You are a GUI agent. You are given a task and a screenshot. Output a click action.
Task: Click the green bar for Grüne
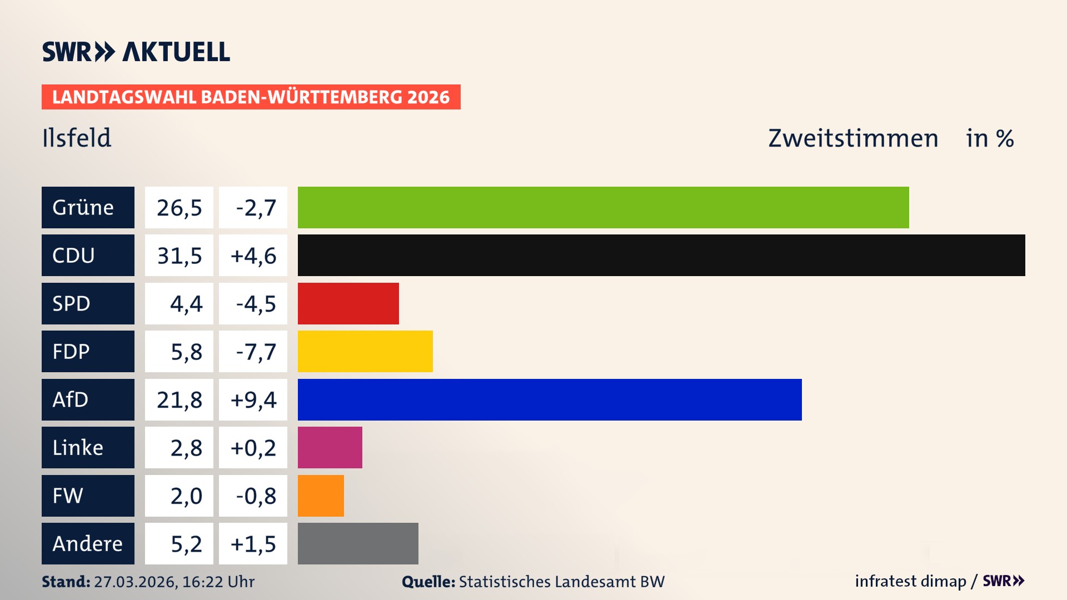[603, 207]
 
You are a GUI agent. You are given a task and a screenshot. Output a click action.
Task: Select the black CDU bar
[661, 256]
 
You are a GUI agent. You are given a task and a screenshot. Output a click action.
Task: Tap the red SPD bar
[348, 303]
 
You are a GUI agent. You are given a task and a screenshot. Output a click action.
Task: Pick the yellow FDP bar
[365, 352]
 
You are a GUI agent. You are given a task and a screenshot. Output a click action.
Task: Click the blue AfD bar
[550, 399]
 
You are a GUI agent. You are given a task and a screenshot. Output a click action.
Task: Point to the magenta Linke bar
[330, 448]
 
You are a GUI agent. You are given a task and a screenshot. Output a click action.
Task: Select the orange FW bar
[321, 496]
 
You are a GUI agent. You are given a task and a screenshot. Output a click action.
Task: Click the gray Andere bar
[358, 543]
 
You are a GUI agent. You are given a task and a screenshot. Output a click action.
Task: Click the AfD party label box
[88, 399]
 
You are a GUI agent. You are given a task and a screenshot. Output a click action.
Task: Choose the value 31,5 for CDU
[179, 256]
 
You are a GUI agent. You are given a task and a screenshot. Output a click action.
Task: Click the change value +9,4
[253, 399]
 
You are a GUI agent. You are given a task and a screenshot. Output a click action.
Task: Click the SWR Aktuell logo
[136, 52]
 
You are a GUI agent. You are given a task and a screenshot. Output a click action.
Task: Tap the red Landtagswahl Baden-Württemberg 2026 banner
[251, 97]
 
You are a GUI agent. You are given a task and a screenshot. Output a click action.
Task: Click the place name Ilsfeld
[77, 138]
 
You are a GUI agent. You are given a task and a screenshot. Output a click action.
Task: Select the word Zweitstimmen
[853, 138]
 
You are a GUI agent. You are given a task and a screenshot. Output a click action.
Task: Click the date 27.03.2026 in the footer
[135, 582]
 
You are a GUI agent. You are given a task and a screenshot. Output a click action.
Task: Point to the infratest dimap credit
[910, 581]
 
